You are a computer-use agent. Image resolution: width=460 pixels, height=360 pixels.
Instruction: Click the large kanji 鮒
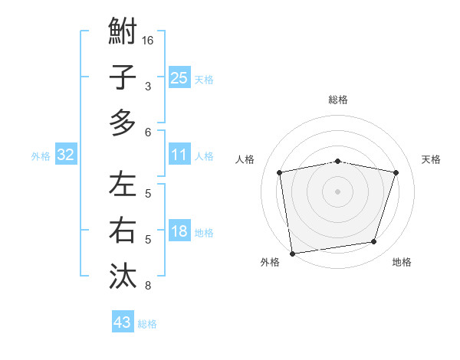click(x=123, y=32)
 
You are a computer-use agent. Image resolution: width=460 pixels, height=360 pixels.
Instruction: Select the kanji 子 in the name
click(x=123, y=77)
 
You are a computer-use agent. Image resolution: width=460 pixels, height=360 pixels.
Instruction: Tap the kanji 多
click(x=123, y=122)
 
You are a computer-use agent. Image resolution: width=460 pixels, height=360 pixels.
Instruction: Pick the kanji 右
click(x=123, y=230)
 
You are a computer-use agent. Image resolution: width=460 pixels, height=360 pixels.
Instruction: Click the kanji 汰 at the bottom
click(x=123, y=275)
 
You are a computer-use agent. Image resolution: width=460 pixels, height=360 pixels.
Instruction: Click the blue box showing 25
click(x=179, y=77)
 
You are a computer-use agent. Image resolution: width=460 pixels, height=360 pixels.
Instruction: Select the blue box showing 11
click(x=179, y=155)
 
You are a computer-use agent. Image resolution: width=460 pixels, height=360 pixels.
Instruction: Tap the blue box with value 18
click(x=179, y=231)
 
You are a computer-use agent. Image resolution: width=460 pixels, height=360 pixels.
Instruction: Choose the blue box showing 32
click(x=66, y=155)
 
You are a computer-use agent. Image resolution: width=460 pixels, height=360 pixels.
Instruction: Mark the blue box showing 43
click(x=122, y=322)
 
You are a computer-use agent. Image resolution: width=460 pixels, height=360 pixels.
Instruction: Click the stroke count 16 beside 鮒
click(x=148, y=41)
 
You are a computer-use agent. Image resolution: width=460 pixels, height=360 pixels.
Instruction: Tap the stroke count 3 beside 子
click(x=148, y=87)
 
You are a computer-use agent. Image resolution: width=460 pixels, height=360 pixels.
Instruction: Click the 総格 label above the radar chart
click(x=338, y=100)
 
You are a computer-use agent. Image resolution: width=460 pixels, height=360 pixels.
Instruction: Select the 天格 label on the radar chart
click(x=432, y=159)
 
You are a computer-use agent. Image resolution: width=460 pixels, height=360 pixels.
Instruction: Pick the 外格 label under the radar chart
click(x=269, y=262)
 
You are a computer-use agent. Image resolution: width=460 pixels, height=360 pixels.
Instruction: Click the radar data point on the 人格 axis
click(x=280, y=172)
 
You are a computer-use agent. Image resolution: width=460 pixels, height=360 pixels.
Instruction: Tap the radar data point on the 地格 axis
click(x=374, y=242)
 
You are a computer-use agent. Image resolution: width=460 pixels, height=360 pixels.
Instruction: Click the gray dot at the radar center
click(x=338, y=191)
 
